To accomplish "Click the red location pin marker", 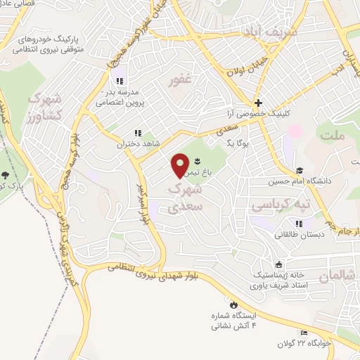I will (181, 165).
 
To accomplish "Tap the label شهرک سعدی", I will (186, 198).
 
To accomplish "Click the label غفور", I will (181, 83).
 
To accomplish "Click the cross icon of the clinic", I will (258, 103).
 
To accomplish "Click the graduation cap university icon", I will (300, 170).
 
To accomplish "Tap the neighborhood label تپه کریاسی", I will (281, 205).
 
